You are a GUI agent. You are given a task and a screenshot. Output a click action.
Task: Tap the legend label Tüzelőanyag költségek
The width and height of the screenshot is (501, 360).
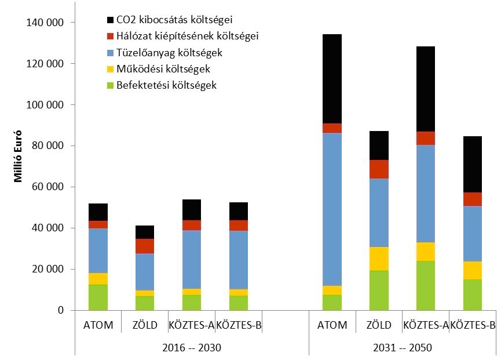[169, 53]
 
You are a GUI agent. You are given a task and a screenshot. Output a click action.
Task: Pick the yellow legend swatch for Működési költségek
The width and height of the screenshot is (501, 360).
[111, 69]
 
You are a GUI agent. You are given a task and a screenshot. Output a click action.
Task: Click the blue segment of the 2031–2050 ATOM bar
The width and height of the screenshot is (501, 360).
[332, 209]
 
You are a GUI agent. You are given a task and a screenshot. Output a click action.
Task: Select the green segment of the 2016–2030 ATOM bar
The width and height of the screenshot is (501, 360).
[98, 297]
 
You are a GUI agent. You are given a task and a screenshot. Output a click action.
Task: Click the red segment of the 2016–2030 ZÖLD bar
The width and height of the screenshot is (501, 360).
[145, 246]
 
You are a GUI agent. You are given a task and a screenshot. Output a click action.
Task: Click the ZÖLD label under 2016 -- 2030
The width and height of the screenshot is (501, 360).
[145, 326]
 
